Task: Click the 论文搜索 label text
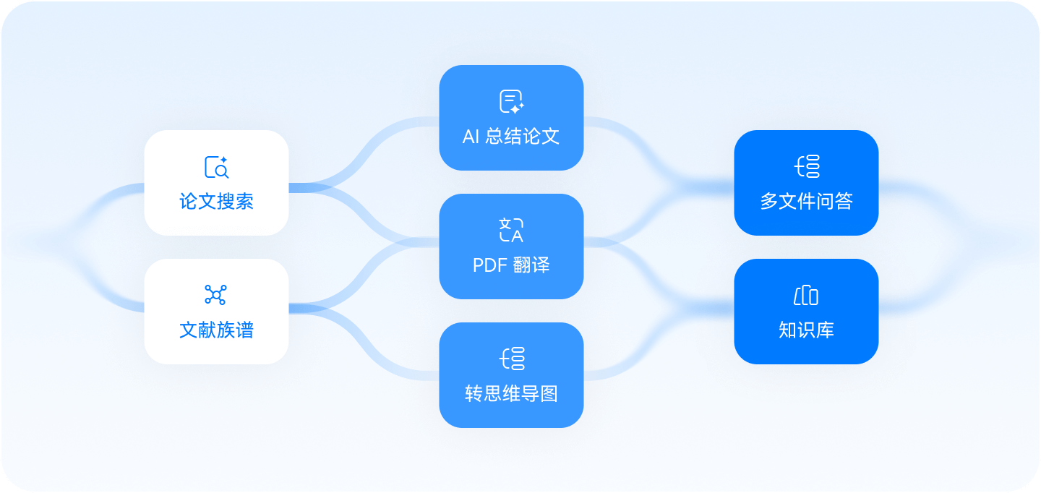point(216,201)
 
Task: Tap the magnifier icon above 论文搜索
point(216,167)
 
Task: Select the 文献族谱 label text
point(216,330)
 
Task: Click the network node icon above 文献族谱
point(215,294)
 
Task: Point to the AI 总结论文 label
point(511,137)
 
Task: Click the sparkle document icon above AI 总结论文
point(511,102)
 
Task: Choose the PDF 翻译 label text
point(511,265)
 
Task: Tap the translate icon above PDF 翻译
point(511,230)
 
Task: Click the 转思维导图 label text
point(511,394)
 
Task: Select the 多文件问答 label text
point(806,201)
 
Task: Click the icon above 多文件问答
point(807,166)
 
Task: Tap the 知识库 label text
point(806,330)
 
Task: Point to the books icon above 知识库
point(806,296)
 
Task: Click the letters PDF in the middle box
point(488,265)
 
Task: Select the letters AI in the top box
point(471,137)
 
